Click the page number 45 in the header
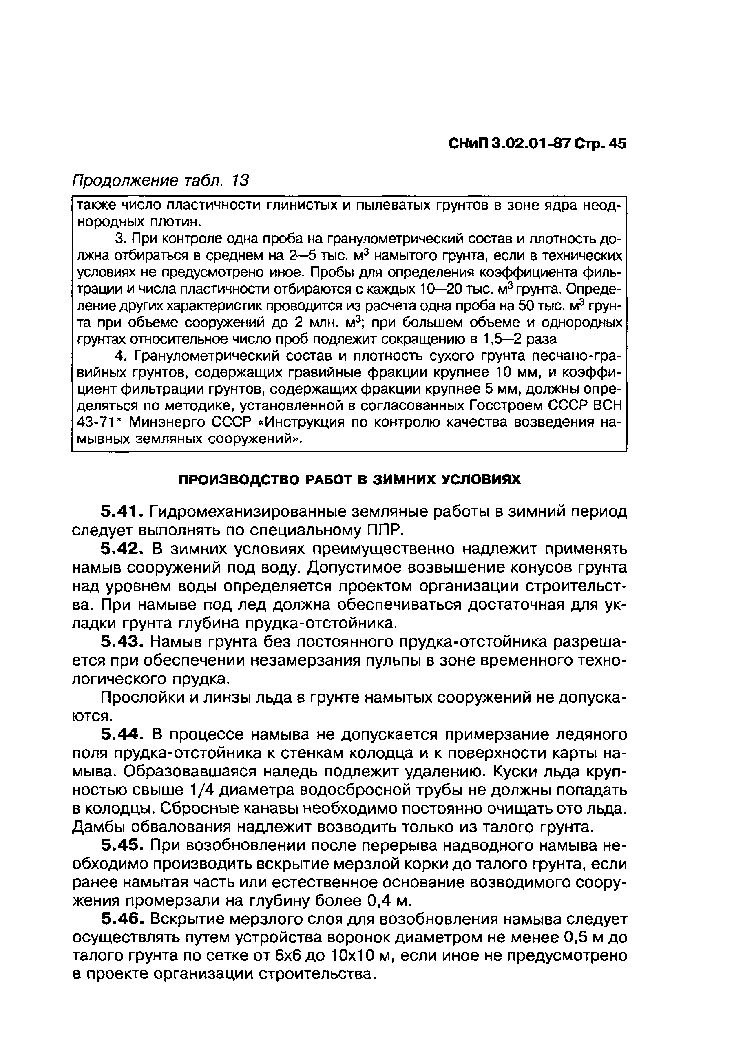click(617, 144)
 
